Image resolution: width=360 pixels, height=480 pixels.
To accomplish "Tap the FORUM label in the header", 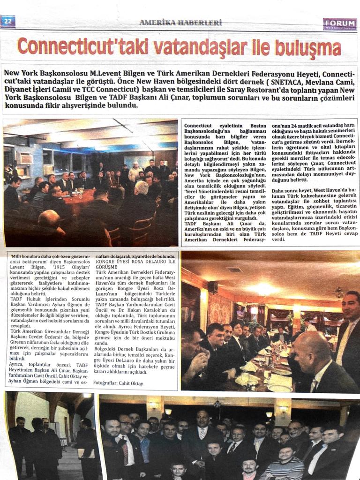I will point(339,24).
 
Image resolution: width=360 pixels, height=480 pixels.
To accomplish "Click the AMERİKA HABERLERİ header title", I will point(180,22).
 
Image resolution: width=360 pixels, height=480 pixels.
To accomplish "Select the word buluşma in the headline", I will point(307,47).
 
